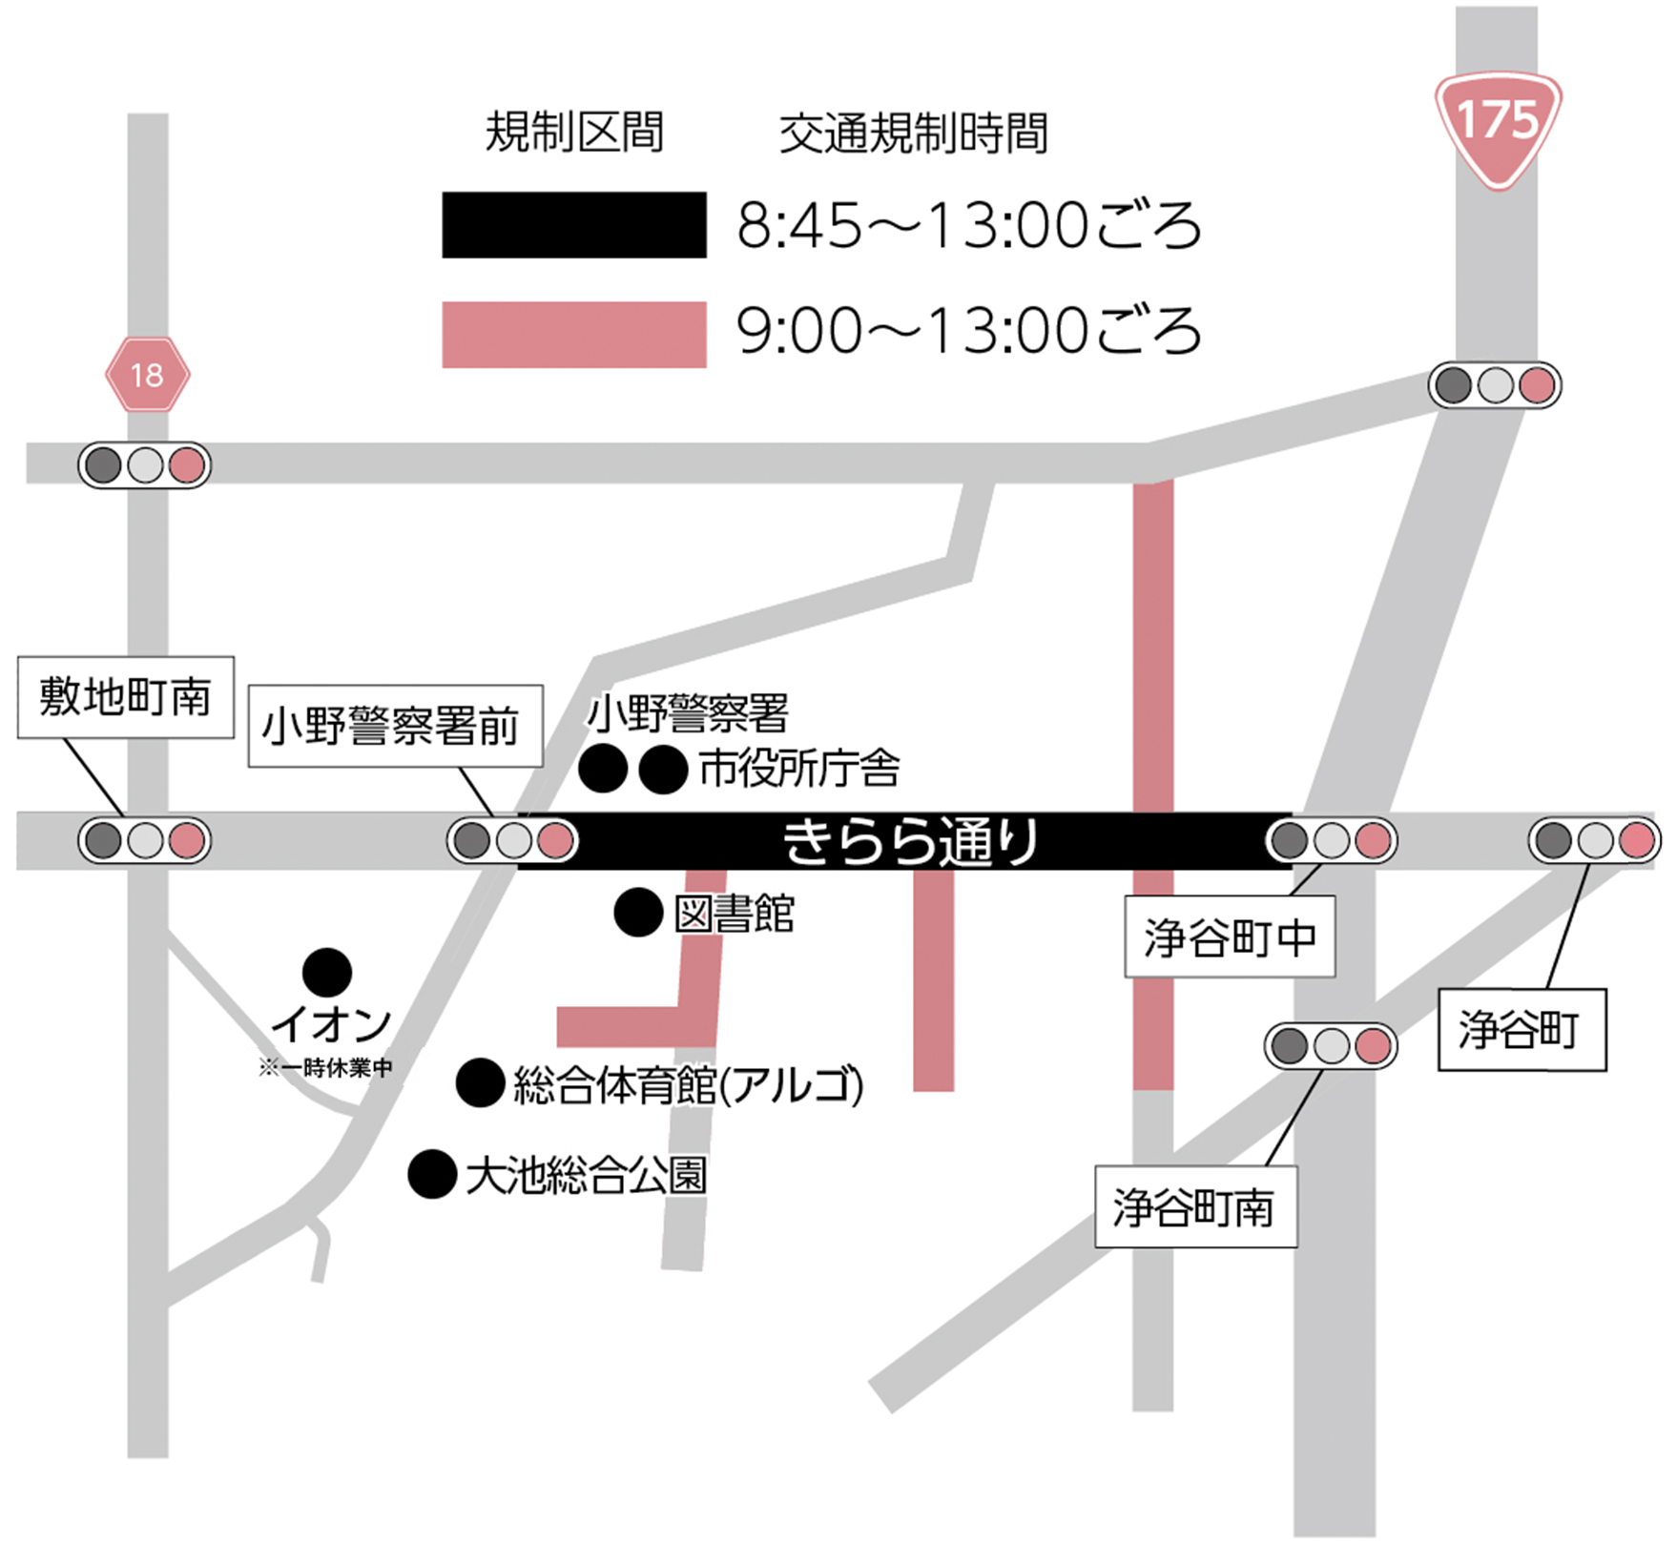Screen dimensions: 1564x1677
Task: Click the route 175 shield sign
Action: point(1498,124)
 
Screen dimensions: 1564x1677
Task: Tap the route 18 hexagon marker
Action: point(147,375)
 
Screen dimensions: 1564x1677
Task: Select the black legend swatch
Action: point(573,225)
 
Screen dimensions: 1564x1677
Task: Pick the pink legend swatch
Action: point(573,335)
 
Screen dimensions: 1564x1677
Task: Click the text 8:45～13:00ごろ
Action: point(967,226)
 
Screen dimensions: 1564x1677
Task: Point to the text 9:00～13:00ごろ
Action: point(967,332)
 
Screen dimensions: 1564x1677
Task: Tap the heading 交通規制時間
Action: point(913,134)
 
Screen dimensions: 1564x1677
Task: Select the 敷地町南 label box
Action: point(125,697)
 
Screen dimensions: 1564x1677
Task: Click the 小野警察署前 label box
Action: point(394,726)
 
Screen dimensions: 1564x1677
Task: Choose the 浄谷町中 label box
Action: point(1229,936)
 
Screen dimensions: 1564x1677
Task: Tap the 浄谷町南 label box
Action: point(1194,1207)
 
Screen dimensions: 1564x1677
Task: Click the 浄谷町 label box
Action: point(1521,1030)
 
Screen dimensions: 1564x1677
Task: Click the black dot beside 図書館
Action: point(638,913)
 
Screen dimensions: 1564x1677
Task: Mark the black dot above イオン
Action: point(326,973)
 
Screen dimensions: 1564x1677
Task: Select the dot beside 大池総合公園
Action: point(431,1175)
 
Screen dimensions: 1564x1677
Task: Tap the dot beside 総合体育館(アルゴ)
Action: point(480,1082)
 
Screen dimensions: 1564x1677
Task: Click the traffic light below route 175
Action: point(1494,385)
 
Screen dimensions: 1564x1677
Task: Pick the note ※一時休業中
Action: point(324,1068)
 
